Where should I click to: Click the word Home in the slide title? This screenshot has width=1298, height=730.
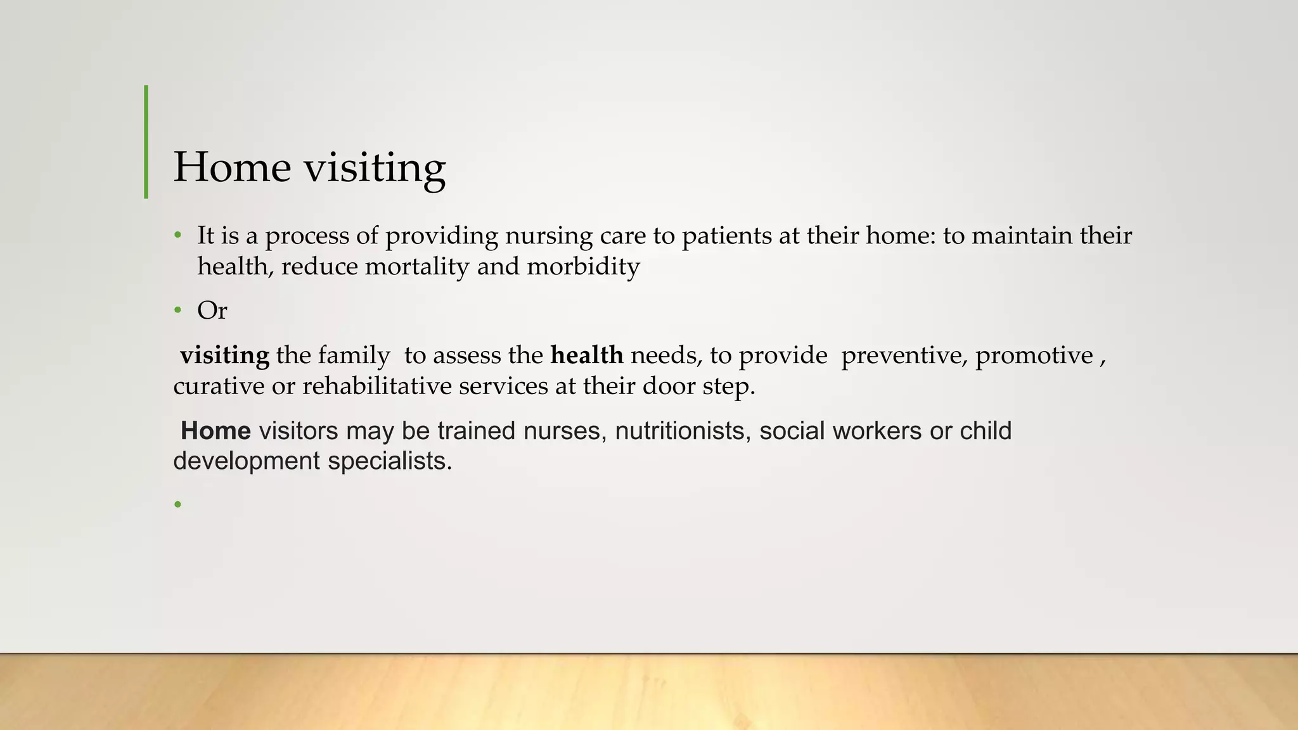232,167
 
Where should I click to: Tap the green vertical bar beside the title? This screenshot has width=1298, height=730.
146,142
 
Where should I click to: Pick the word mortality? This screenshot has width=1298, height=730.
417,266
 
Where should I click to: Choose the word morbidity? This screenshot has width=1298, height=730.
583,266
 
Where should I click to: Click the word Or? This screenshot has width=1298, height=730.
212,311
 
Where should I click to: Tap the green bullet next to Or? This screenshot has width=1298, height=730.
178,311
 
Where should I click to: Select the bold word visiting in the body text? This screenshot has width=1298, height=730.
224,355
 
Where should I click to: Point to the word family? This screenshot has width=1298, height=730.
354,355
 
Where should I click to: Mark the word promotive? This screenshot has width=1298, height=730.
1034,355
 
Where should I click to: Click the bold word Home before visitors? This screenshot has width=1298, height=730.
215,431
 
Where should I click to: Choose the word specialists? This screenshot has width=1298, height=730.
389,461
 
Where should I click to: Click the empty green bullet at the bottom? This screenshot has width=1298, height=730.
178,504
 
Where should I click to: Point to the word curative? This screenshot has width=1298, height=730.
219,386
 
